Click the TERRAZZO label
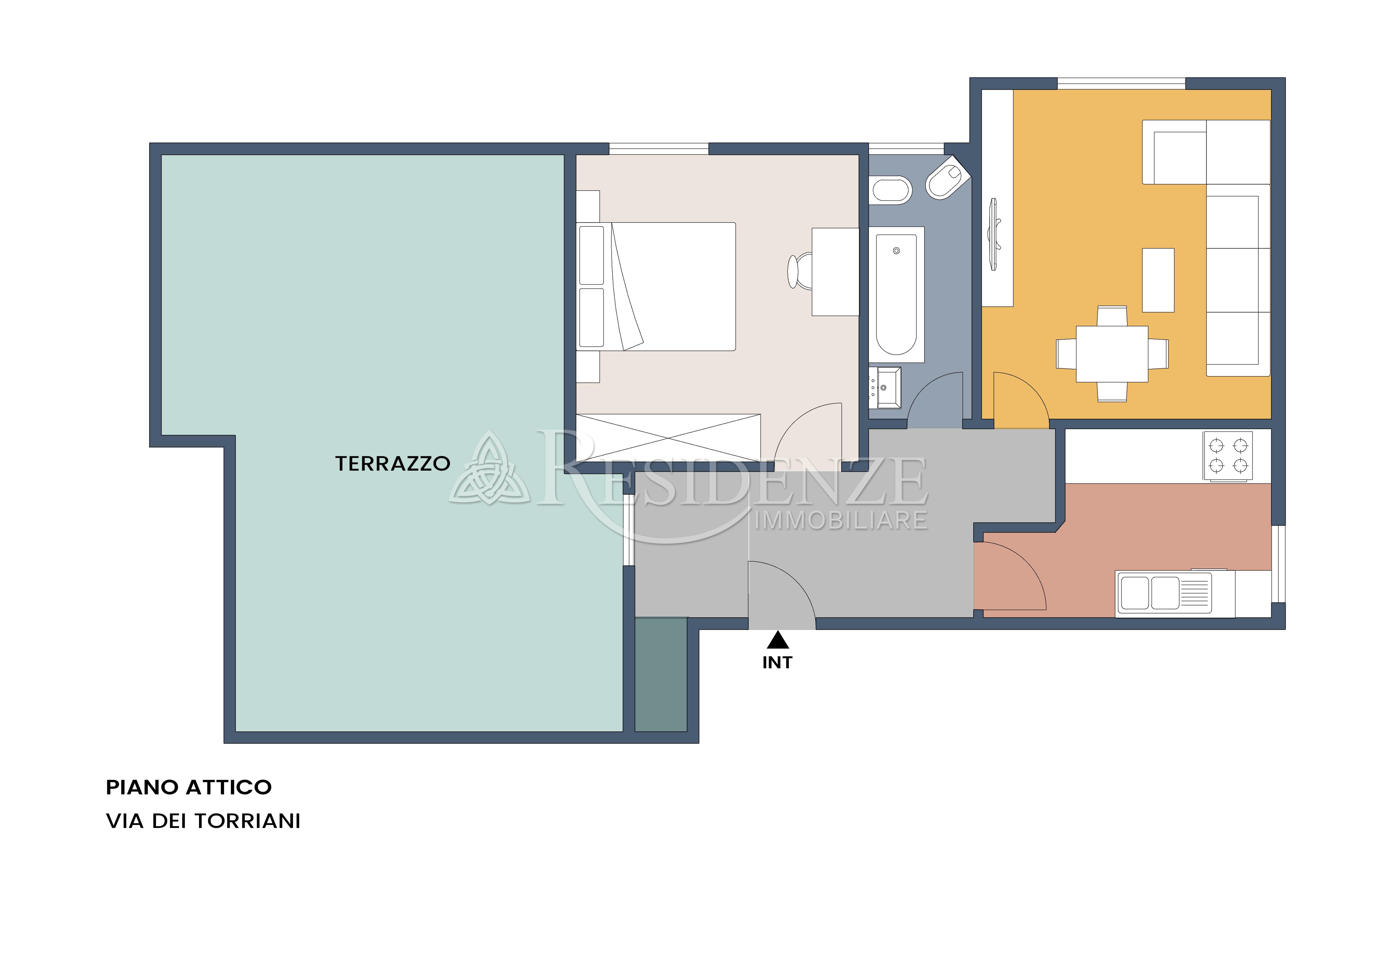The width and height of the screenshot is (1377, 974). pyautogui.click(x=393, y=464)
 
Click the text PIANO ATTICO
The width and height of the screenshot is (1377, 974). pyautogui.click(x=189, y=787)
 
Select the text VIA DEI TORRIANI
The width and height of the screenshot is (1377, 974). pyautogui.click(x=203, y=821)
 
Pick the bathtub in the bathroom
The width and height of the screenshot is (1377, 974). pyautogui.click(x=897, y=295)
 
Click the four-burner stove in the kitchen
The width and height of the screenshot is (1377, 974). pyautogui.click(x=1228, y=456)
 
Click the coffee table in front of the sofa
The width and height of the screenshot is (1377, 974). pyautogui.click(x=1158, y=280)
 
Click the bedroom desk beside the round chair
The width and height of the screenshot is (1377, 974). pyautogui.click(x=835, y=272)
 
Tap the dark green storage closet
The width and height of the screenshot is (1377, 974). pyautogui.click(x=661, y=675)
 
